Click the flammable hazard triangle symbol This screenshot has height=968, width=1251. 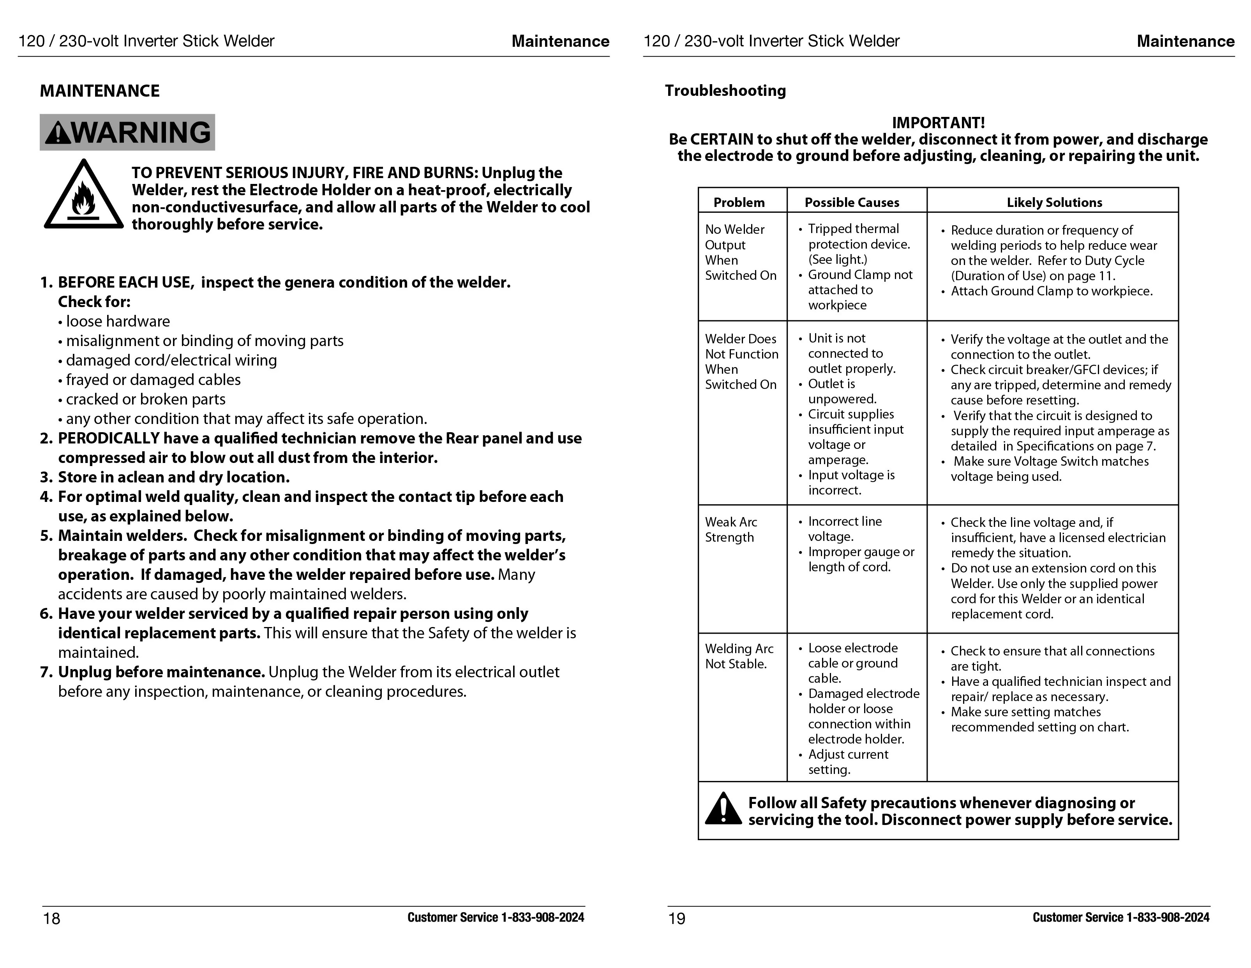[84, 196]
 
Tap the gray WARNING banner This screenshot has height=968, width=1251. [127, 132]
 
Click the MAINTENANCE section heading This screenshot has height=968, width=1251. [100, 91]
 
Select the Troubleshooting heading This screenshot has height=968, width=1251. [725, 90]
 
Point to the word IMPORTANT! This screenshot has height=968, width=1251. [938, 123]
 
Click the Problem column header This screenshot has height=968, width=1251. [739, 202]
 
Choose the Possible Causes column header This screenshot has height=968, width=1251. [852, 202]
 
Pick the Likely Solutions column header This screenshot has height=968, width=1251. [1054, 202]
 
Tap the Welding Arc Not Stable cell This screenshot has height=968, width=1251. [739, 656]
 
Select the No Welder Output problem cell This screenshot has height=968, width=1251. [740, 252]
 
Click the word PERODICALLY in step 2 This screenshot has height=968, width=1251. [108, 438]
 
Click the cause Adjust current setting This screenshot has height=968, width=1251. [848, 762]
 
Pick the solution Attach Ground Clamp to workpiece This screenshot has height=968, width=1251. [1051, 291]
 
